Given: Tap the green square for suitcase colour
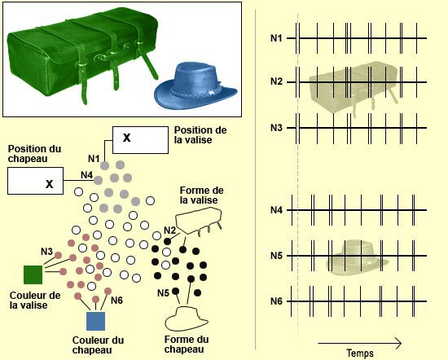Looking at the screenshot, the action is click(x=33, y=274).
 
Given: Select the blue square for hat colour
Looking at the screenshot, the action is click(x=96, y=321).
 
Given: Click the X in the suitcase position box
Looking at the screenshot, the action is click(x=126, y=138).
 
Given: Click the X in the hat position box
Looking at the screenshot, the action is click(x=50, y=184).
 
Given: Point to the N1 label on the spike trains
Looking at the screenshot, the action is click(x=276, y=38).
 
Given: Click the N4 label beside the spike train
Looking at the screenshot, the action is click(x=276, y=210).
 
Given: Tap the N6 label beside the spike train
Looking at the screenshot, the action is click(x=276, y=301).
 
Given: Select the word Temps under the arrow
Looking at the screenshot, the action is click(x=360, y=353).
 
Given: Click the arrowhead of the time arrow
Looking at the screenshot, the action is click(x=399, y=343).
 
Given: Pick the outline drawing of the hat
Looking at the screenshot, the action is click(x=187, y=318).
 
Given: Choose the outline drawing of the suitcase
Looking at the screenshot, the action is click(x=199, y=221).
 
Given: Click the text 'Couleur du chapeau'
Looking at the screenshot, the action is click(x=98, y=345).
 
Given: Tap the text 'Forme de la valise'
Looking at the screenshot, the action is click(x=202, y=195).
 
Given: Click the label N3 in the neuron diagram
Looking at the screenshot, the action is click(x=47, y=252).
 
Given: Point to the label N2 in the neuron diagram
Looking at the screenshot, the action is click(x=169, y=230).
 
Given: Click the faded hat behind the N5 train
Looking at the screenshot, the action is click(x=357, y=257).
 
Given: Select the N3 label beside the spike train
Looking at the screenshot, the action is click(x=276, y=128).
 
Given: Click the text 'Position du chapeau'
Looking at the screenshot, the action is click(x=34, y=153).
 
